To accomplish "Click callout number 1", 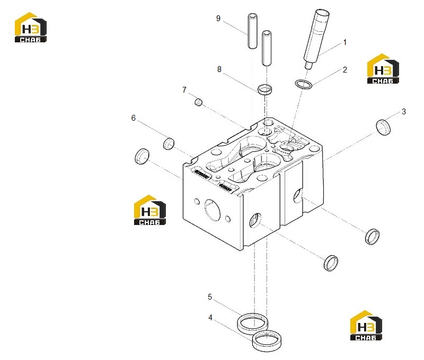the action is tap(345, 42).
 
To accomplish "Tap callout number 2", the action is tap(345, 70).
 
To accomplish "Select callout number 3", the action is tap(404, 112).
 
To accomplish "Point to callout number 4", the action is tap(210, 318).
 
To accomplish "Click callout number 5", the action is tap(210, 297).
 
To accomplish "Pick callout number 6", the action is tap(134, 118).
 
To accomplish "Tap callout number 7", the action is tap(184, 89).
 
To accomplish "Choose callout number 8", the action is tap(219, 69).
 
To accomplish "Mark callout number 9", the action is tap(218, 19).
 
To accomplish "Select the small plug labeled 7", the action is tap(198, 102).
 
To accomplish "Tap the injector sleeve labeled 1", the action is tap(316, 39).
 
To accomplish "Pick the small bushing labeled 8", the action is tap(264, 90).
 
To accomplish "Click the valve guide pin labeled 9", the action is tap(253, 31).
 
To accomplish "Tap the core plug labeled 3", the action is tap(383, 127).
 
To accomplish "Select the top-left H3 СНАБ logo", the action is tap(31, 28).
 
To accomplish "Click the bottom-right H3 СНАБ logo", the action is tap(366, 325).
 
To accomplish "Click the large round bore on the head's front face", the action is tap(213, 210).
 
